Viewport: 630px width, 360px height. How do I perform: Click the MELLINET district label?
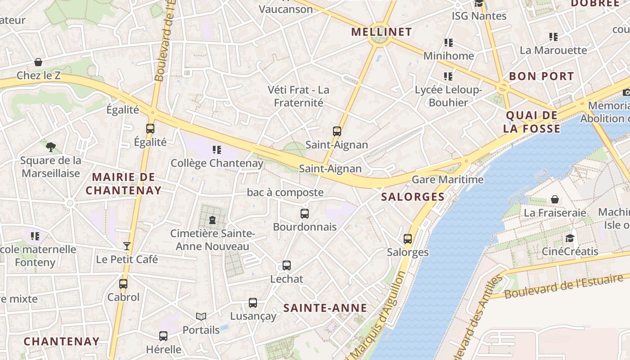pos(381,32)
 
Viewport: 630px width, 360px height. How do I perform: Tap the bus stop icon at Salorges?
pos(408,239)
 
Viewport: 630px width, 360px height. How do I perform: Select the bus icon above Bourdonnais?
pos(305,214)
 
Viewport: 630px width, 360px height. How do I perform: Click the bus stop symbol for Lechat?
pos(287,265)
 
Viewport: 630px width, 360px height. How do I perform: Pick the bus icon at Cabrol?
pos(123,284)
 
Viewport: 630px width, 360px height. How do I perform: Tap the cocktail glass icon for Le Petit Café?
pos(127,246)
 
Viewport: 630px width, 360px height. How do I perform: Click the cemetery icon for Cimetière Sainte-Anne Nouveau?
pos(212,220)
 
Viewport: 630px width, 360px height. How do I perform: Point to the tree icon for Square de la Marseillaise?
pos(51,147)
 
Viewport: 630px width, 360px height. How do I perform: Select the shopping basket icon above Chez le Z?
pos(38,62)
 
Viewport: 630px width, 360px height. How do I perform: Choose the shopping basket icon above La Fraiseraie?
pos(555,199)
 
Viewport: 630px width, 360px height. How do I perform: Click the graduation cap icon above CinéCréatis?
pos(570,238)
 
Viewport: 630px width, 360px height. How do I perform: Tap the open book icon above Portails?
pos(201,317)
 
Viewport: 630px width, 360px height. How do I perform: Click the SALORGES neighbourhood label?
pos(413,197)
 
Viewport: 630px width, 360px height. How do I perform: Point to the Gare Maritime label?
pos(448,180)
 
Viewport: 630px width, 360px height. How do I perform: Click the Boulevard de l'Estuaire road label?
pos(564,286)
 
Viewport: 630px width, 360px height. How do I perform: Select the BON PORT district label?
pos(541,76)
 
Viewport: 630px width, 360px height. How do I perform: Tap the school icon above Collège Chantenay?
pos(217,150)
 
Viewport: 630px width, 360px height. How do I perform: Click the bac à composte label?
pos(285,193)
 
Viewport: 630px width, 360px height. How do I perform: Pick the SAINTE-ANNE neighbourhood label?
pos(325,308)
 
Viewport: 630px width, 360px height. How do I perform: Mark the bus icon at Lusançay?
pos(253,303)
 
